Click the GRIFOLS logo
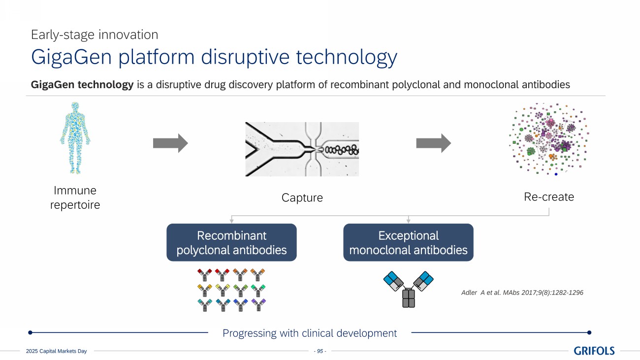(594, 351)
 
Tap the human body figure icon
(75, 138)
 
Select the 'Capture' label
(302, 198)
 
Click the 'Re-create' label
(549, 197)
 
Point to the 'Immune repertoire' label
(75, 197)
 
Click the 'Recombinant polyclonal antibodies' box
(231, 242)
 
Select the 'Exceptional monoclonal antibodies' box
(408, 242)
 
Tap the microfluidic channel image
(302, 149)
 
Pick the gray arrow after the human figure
(170, 143)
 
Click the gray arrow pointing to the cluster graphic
(433, 143)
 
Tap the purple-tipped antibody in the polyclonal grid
(258, 305)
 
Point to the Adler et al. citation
(520, 293)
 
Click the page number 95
(320, 351)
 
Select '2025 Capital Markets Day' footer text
(56, 351)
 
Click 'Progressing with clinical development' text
(310, 333)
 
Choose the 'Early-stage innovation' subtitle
(95, 34)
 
